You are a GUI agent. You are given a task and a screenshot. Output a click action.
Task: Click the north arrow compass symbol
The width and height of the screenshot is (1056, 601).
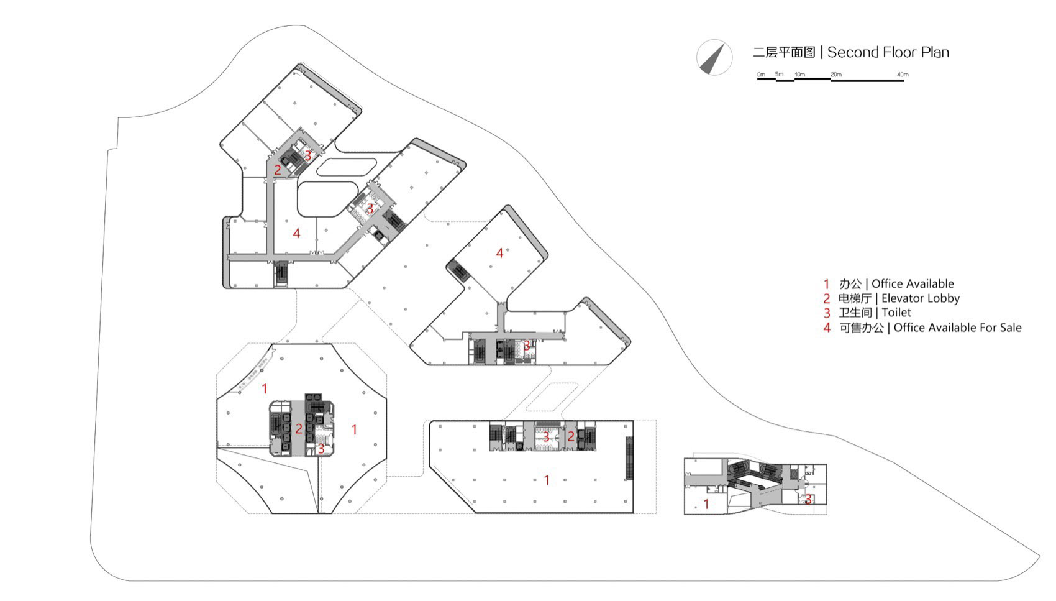(x=713, y=57)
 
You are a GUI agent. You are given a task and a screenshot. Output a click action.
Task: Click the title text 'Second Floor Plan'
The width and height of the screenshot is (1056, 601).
(x=888, y=52)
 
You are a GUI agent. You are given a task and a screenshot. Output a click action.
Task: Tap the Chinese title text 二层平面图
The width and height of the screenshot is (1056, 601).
(x=783, y=52)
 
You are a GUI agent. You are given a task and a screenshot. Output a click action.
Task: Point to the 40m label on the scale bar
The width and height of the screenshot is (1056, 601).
(x=902, y=75)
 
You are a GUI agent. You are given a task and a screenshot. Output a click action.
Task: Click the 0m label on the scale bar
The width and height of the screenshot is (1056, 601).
(x=761, y=75)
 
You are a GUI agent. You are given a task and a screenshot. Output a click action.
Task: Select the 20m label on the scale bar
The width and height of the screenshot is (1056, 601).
(x=836, y=75)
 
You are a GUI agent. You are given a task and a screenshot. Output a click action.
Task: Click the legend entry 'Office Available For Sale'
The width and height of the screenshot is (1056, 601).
(x=957, y=328)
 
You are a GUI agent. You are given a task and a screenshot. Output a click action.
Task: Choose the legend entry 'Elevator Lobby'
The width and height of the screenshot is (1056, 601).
(x=920, y=298)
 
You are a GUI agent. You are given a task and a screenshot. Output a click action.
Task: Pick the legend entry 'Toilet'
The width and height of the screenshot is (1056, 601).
(x=896, y=313)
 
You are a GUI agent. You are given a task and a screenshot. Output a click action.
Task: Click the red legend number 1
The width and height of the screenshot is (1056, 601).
(x=827, y=285)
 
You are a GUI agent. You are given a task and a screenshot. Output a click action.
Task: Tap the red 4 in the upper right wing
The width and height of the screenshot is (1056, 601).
(x=499, y=253)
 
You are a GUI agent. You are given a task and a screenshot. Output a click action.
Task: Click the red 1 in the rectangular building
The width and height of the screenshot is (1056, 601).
(x=547, y=480)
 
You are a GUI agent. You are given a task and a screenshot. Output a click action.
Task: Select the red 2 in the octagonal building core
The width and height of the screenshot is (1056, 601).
(x=299, y=429)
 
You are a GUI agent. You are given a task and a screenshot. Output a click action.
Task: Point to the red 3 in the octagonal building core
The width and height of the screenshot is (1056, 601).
(x=321, y=448)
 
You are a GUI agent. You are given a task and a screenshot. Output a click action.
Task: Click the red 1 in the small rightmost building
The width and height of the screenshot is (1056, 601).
(x=706, y=504)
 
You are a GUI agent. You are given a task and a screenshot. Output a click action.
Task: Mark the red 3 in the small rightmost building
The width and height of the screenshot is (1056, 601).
(x=808, y=499)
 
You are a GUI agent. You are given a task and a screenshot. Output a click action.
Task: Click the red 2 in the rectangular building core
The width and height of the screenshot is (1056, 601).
(x=570, y=437)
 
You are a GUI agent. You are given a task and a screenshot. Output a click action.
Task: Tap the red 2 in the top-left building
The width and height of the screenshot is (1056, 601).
(x=278, y=170)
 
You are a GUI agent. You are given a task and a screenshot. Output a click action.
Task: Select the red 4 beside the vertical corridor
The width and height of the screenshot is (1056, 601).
(x=296, y=234)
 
